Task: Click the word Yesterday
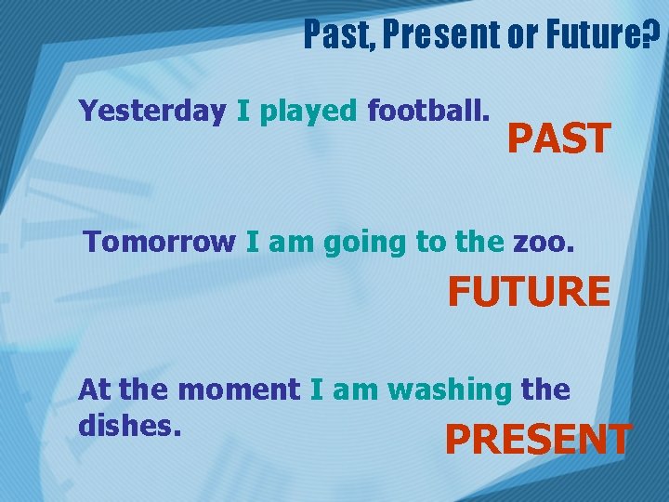pos(152,112)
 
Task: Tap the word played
pos(308,112)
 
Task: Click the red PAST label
pos(558,140)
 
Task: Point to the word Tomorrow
pos(160,243)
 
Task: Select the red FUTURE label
pos(529,292)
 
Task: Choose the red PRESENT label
pos(539,440)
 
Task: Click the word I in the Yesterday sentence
pos(243,112)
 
